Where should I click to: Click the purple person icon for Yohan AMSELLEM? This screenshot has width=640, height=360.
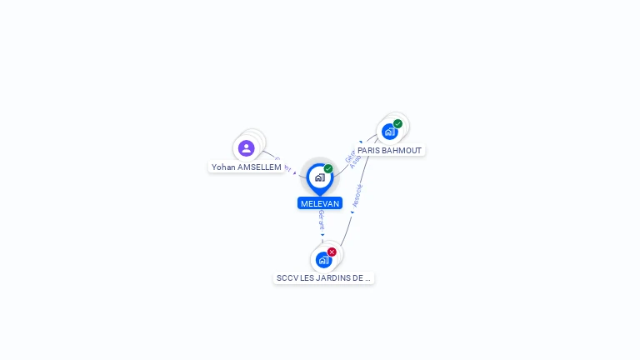pos(246,148)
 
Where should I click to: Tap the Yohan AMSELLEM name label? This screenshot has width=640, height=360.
pos(246,167)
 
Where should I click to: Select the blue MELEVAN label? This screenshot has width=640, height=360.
pos(320,203)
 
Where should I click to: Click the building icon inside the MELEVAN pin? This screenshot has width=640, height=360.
pos(319,177)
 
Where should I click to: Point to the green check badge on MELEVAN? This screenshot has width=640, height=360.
pos(328,169)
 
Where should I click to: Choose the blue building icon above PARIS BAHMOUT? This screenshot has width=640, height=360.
pos(389,132)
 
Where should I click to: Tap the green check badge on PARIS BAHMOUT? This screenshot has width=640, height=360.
pos(397,124)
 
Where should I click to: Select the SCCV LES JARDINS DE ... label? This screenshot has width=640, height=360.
pos(323,277)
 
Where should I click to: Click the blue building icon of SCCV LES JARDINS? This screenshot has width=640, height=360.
pos(323,260)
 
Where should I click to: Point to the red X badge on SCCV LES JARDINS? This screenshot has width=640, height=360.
pos(332,252)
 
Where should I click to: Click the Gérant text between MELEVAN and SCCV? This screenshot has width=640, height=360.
pos(321,220)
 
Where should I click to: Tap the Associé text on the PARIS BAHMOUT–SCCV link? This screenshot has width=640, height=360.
pos(357,195)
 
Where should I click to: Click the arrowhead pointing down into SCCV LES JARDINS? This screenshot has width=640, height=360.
pos(322,235)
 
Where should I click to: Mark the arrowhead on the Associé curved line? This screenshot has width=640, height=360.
pos(352,212)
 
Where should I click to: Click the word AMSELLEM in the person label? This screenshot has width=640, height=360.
pos(259,167)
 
